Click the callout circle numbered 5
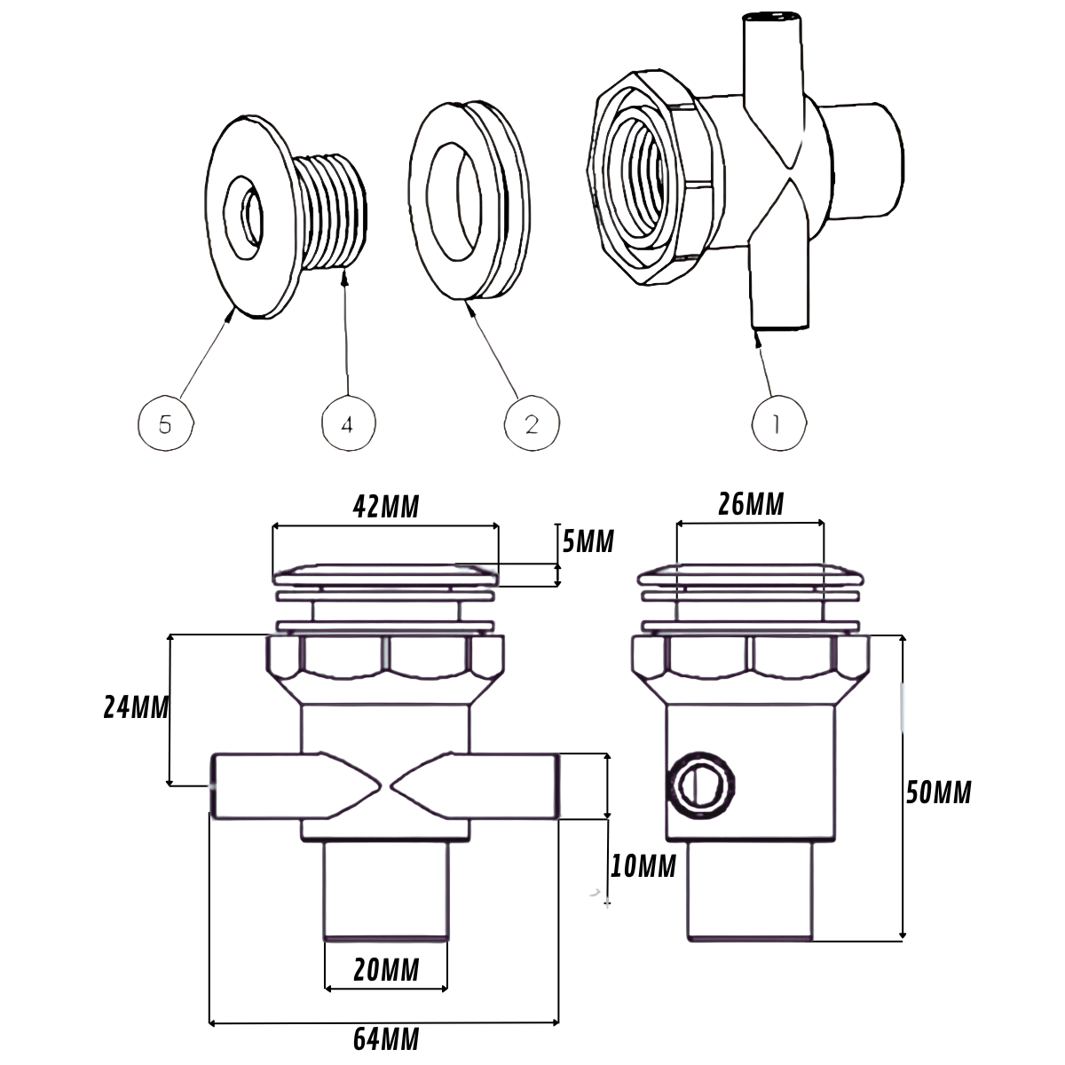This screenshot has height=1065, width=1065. coord(166,424)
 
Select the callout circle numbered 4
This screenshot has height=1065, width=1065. coord(348,424)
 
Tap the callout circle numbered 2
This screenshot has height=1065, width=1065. coord(532,424)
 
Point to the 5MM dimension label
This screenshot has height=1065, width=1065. coord(588,540)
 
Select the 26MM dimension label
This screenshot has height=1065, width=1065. coord(751,504)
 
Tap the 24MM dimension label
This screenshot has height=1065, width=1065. coord(136,707)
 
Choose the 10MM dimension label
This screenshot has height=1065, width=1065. coord(643,865)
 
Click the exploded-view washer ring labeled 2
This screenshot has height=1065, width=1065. coord(466,202)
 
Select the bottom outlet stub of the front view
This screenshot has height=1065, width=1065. coord(385,889)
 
